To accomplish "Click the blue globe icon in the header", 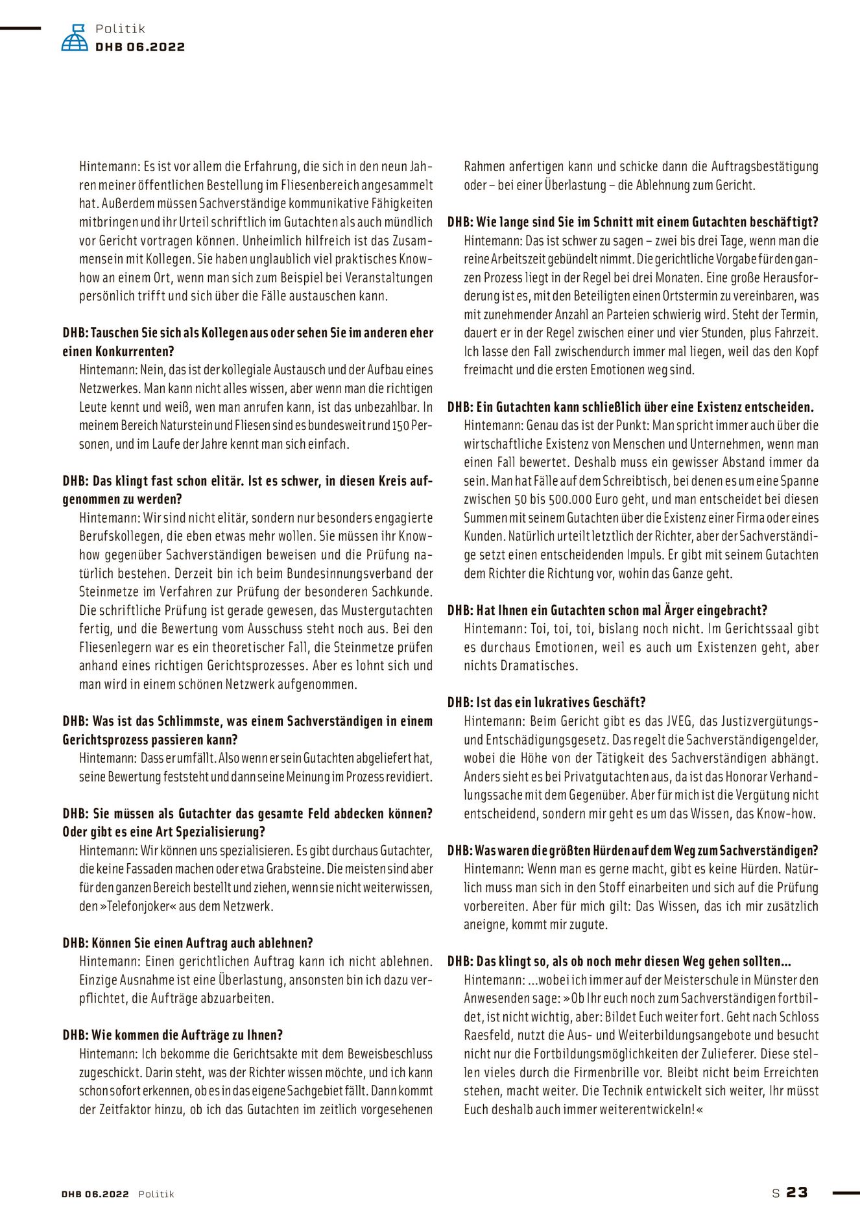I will [75, 38].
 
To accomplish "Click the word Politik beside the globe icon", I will [120, 29].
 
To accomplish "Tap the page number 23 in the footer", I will [797, 1192].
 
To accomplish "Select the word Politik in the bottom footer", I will [156, 1194].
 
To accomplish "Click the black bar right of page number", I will [846, 1192].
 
